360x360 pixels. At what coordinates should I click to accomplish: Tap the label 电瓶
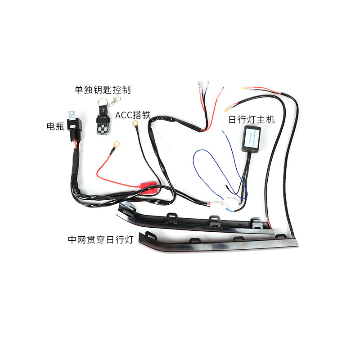(56, 126)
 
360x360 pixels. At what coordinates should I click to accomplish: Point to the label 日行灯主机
(252, 120)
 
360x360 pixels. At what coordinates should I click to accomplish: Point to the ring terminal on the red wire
(116, 145)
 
